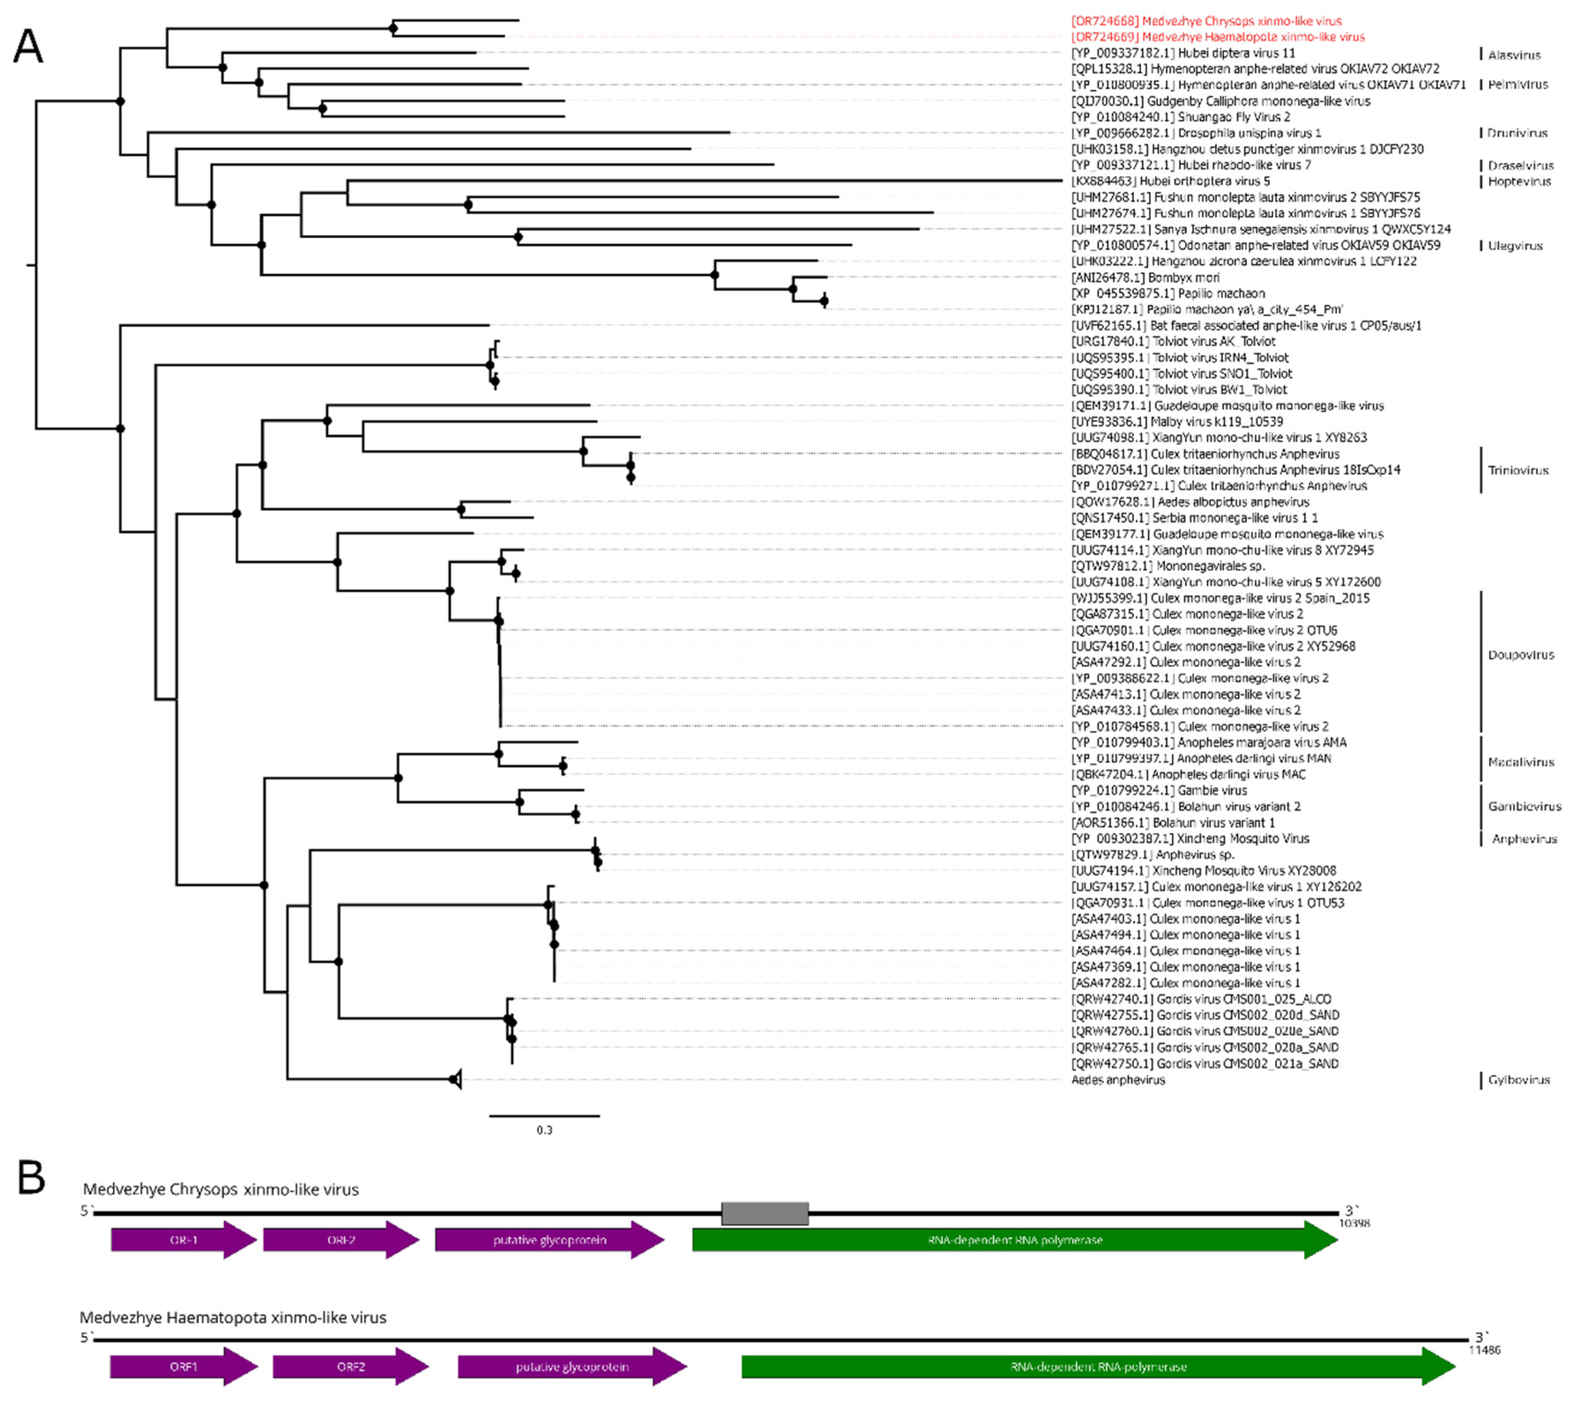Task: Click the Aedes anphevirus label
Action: (1117, 1080)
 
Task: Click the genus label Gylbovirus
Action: (1518, 1080)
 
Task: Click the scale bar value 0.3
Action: (544, 1130)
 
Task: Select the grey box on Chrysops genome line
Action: (765, 1214)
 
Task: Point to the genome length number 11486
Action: (1484, 1350)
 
